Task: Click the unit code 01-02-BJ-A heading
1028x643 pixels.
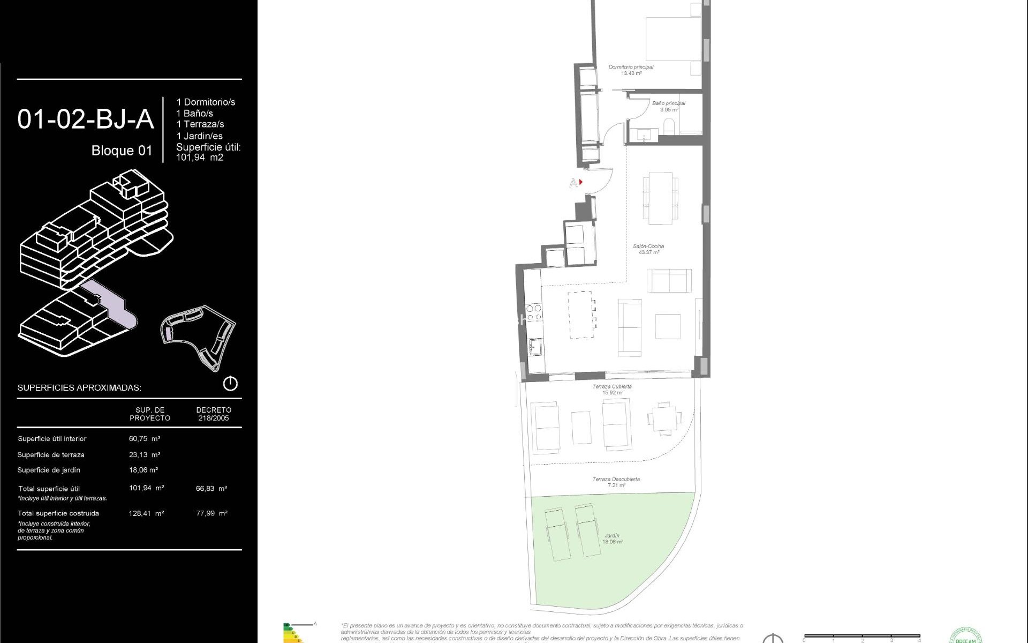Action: coord(86,119)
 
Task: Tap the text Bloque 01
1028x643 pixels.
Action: coord(122,151)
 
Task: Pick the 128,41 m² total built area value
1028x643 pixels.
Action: coord(146,513)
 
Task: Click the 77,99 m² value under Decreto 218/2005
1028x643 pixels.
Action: coord(211,513)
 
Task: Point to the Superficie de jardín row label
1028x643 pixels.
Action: coord(49,470)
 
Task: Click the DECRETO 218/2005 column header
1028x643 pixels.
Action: coord(214,414)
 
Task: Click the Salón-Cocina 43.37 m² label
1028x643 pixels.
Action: coord(648,249)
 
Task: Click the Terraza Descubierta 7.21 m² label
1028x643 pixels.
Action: coord(616,482)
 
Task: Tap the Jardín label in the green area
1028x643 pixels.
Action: coord(612,539)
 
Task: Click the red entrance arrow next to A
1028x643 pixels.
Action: coord(581,182)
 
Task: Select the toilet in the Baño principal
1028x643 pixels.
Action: coord(670,127)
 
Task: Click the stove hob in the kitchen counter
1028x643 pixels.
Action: coord(533,313)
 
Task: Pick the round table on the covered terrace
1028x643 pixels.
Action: coord(664,418)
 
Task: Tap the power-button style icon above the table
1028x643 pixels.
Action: coord(230,384)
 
